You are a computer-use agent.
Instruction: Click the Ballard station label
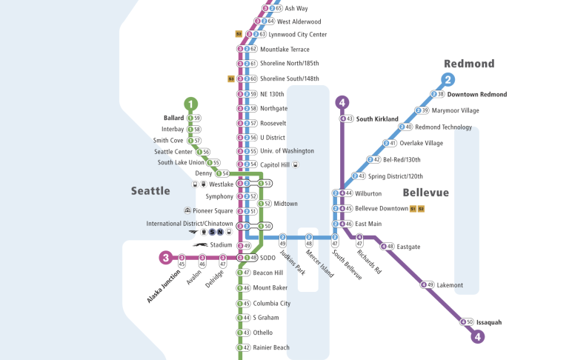coord(173,118)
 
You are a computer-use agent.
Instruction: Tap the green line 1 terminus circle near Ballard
coord(192,104)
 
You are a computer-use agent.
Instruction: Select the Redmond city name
coord(469,64)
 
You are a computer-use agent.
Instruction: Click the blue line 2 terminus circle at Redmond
coord(448,80)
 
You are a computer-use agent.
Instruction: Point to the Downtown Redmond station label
coord(477,95)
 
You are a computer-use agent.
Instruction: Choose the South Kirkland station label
coord(377,119)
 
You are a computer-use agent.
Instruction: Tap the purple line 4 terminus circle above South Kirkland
coord(342,102)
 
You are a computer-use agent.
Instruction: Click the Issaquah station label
coord(489,322)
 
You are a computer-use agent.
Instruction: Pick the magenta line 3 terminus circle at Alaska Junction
coord(165,258)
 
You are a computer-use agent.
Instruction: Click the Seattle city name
coord(150,191)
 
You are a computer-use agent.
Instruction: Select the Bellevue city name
coord(426,193)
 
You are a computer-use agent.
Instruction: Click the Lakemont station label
coord(450,285)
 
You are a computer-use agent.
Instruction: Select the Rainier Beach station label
coord(271,347)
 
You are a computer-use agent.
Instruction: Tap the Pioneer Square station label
coord(215,211)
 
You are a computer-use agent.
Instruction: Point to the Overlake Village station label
coord(422,143)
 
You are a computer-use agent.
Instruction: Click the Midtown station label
coord(286,204)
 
